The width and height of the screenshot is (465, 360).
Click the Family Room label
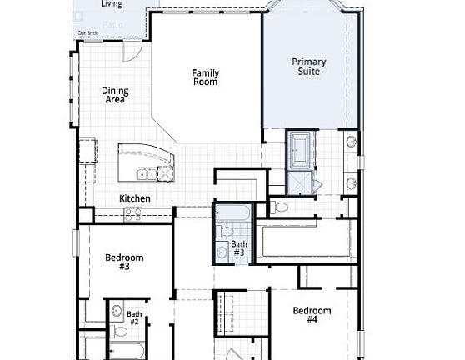pos(205,77)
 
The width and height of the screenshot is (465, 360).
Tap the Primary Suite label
pos(307,67)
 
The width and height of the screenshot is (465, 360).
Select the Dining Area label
pos(114,95)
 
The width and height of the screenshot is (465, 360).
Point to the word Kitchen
pos(134,198)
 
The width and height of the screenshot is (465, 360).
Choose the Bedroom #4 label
pos(312,315)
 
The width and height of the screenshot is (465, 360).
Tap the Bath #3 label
pos(238,247)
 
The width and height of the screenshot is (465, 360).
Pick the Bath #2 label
pos(134,317)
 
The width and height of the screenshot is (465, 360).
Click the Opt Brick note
pos(87,33)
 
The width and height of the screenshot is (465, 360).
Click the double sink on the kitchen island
pos(146,174)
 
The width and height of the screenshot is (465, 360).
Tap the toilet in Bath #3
pos(226,231)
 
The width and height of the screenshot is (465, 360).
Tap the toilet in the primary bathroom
pos(280,207)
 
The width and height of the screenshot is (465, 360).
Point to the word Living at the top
pos(111,4)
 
